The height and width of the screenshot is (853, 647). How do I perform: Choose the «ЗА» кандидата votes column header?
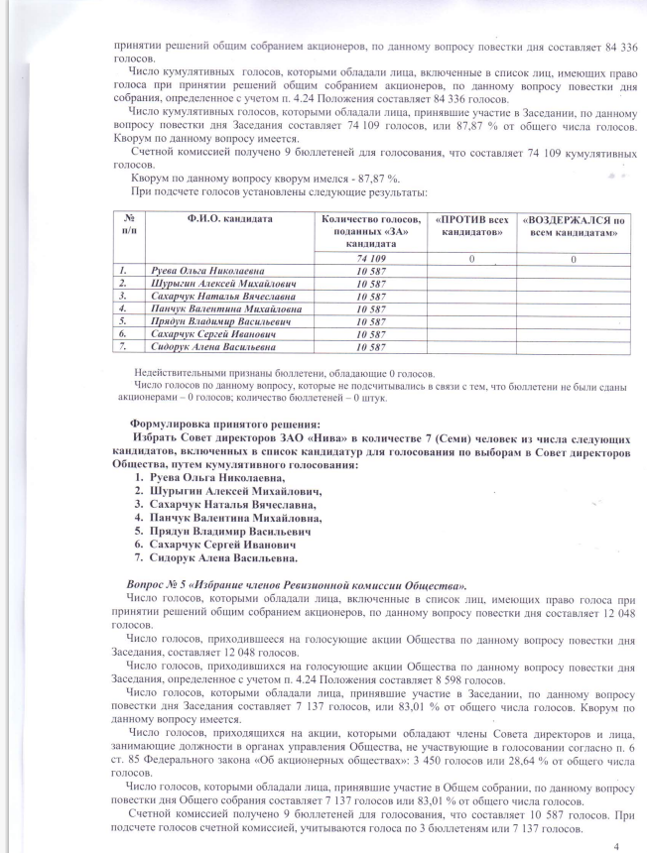click(370, 229)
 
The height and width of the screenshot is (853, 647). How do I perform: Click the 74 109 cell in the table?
click(370, 257)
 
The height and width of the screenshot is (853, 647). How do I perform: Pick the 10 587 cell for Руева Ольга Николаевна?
click(370, 270)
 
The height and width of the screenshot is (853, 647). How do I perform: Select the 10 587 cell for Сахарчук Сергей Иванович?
click(370, 334)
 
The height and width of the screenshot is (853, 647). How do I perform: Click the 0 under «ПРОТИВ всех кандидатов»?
click(471, 258)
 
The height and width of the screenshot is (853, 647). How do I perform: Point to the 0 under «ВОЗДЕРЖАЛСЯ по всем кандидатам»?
click(574, 258)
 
